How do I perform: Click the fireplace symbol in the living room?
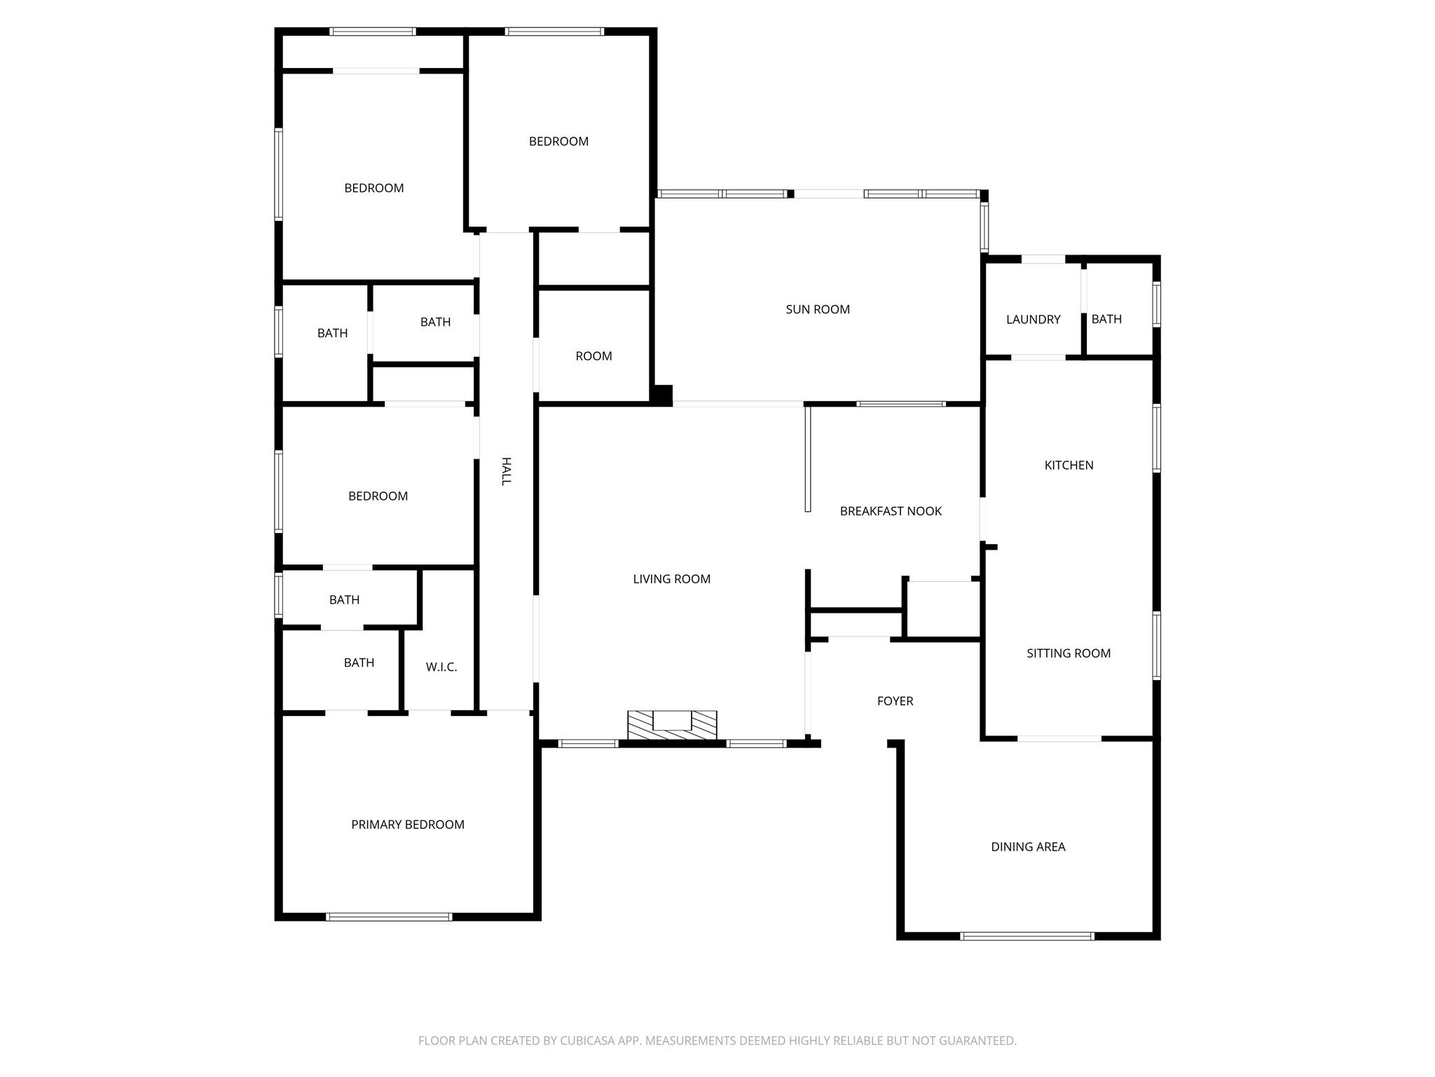coord(672,724)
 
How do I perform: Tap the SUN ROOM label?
coord(817,309)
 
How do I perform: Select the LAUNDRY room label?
coord(1033,320)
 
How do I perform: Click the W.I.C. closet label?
coord(441,667)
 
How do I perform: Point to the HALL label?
coord(505,471)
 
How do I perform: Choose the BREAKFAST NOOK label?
coord(891,511)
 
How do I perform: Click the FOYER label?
coord(895,701)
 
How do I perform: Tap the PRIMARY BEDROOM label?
coord(407,825)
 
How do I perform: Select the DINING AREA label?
coord(1027,847)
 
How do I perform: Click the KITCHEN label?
coord(1069,466)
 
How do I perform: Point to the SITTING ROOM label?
coord(1068,653)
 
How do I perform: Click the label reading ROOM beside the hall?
coord(593,356)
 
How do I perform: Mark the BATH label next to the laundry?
coord(1106,320)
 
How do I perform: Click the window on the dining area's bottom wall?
coord(1027,936)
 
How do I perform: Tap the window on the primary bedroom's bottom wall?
coord(389,916)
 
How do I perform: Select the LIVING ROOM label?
coord(671,579)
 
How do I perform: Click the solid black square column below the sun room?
coord(661,395)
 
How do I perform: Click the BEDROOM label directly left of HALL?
coord(378,496)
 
